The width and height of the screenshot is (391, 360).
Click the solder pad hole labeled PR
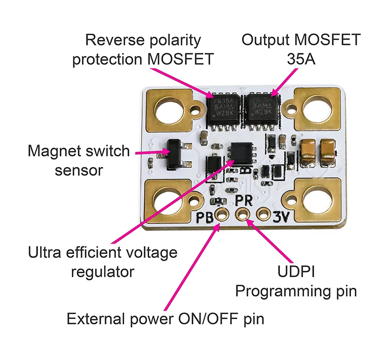click(x=243, y=213)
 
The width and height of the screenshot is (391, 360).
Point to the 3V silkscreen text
click(x=282, y=215)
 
